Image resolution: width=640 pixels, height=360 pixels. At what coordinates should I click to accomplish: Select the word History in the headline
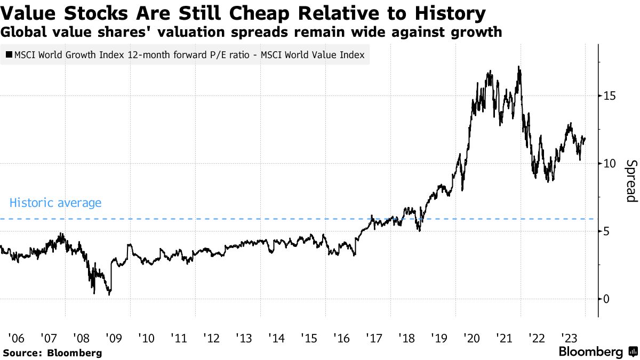point(450,13)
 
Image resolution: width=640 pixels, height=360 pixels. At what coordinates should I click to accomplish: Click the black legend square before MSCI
point(9,54)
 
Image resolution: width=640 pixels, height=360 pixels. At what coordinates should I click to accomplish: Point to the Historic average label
point(55,203)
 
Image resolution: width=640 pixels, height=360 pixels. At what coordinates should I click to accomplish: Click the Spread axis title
point(631,181)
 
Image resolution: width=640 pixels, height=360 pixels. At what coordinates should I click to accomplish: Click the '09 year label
point(114,338)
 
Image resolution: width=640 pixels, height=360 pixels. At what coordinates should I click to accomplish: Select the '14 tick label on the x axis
point(277,338)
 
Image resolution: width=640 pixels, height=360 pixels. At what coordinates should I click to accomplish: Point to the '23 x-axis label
point(569,338)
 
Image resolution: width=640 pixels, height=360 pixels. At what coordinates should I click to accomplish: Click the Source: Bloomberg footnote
point(52,353)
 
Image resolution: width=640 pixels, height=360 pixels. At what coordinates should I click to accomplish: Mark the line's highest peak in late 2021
point(518,67)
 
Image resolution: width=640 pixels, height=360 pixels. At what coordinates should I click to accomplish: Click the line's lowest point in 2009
point(109,294)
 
